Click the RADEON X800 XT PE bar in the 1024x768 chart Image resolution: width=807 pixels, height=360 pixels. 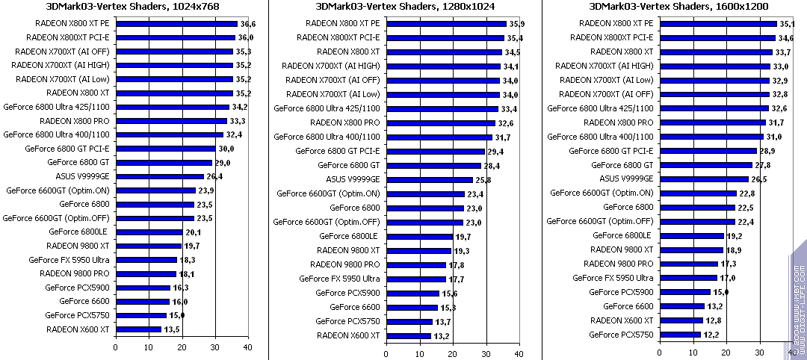[x=176, y=24]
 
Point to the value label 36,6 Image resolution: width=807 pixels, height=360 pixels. [x=247, y=24]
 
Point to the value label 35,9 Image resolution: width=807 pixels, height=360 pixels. [x=517, y=24]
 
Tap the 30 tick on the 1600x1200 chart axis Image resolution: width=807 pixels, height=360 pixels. [x=759, y=347]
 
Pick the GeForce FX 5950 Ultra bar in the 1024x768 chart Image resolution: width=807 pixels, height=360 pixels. [x=146, y=259]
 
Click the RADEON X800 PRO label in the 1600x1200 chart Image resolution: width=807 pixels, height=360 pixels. [x=619, y=122]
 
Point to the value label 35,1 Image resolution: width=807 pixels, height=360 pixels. [x=787, y=24]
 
